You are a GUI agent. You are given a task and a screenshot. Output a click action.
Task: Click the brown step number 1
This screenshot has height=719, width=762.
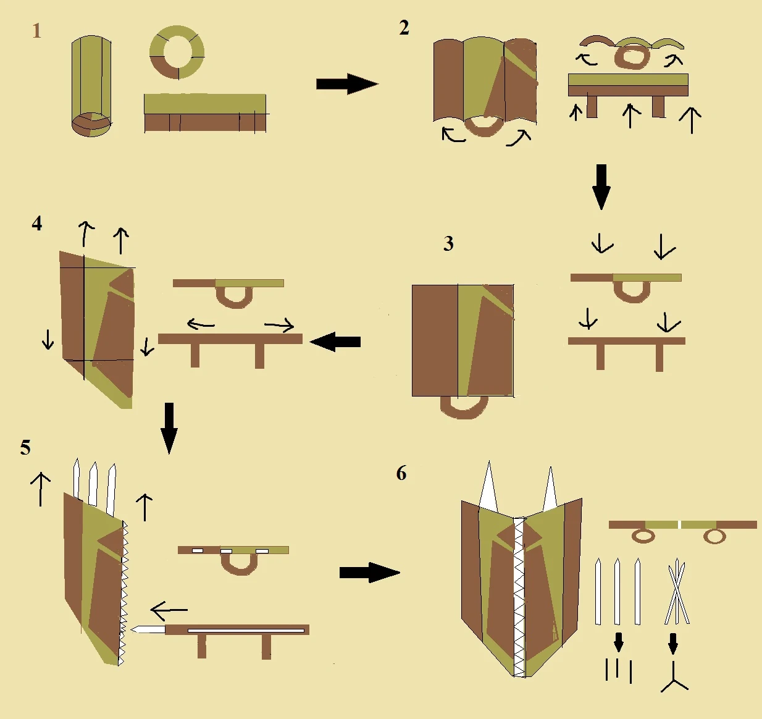click(37, 31)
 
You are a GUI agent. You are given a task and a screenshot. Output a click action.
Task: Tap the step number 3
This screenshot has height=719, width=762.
click(448, 244)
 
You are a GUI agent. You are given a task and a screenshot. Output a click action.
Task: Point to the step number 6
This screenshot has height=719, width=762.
click(401, 474)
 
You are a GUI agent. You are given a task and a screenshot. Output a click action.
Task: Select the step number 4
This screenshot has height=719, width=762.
click(37, 223)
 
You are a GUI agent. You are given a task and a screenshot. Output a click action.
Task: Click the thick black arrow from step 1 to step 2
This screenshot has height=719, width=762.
click(346, 84)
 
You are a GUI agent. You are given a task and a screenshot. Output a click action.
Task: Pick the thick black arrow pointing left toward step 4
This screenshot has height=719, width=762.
click(335, 342)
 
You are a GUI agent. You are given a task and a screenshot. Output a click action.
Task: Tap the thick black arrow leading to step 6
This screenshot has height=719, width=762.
click(369, 572)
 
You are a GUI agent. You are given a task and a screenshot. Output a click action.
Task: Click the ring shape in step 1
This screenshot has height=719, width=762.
click(177, 53)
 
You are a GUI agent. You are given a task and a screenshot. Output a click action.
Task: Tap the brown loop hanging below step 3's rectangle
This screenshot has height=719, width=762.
click(464, 408)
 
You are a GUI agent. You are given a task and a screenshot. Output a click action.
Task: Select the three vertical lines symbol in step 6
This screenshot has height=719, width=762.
click(619, 670)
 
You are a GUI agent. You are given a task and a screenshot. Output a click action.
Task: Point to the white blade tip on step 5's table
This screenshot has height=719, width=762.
click(147, 629)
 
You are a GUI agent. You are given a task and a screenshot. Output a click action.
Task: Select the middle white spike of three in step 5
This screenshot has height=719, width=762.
click(93, 482)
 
